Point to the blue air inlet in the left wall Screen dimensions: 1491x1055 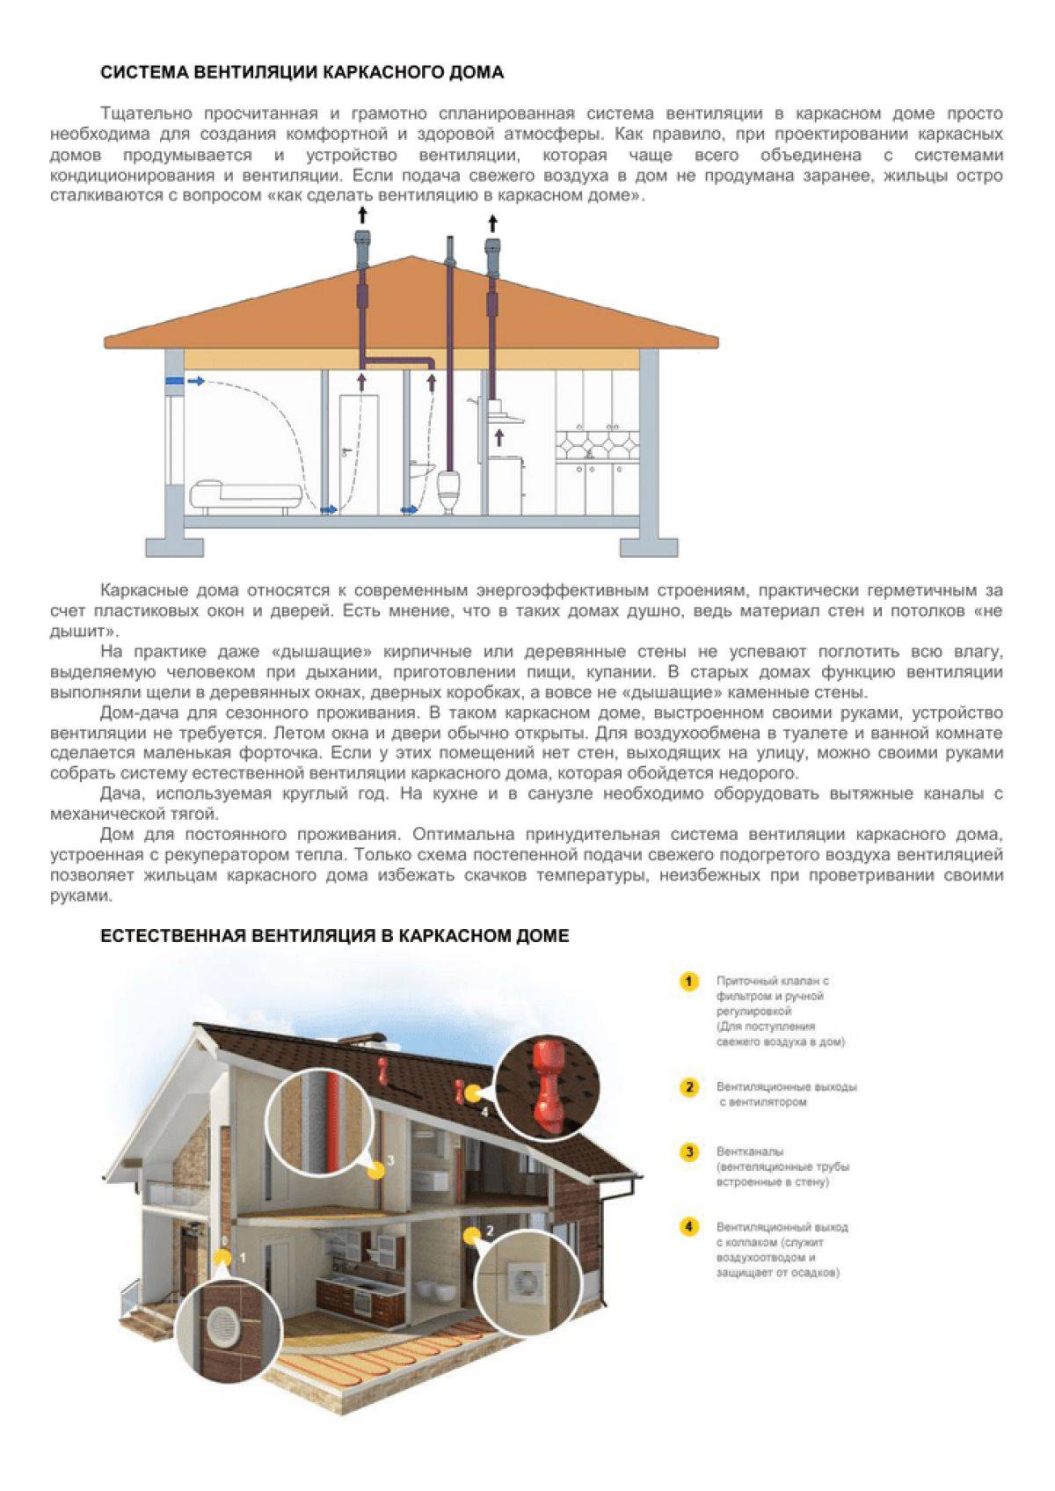(174, 381)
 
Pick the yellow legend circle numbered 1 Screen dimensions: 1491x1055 (688, 982)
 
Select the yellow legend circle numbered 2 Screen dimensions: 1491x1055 (689, 1087)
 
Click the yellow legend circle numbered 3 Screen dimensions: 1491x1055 (689, 1151)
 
